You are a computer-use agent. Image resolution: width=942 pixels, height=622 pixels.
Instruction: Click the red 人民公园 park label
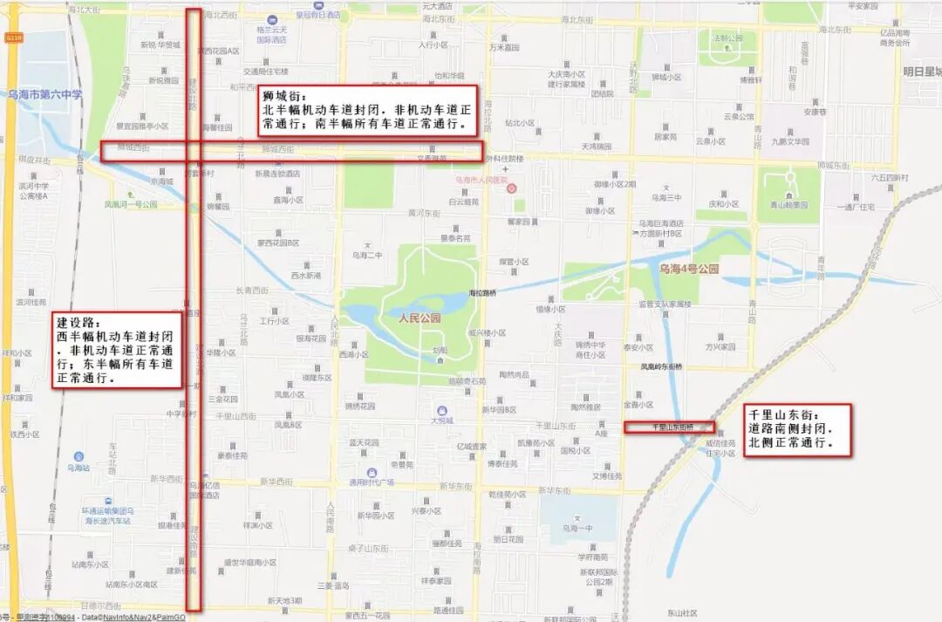pos(420,318)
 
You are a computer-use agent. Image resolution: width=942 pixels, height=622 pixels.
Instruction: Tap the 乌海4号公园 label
pos(689,270)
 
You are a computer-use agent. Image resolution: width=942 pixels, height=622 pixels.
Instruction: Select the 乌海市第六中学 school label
pos(44,94)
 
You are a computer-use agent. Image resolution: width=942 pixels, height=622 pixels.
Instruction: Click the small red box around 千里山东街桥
pos(670,427)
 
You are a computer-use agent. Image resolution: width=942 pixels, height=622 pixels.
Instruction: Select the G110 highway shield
pos(13,38)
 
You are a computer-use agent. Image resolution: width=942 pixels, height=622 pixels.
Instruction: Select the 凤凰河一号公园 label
pos(131,204)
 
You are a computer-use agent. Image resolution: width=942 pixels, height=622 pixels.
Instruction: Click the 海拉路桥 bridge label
pos(483,292)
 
